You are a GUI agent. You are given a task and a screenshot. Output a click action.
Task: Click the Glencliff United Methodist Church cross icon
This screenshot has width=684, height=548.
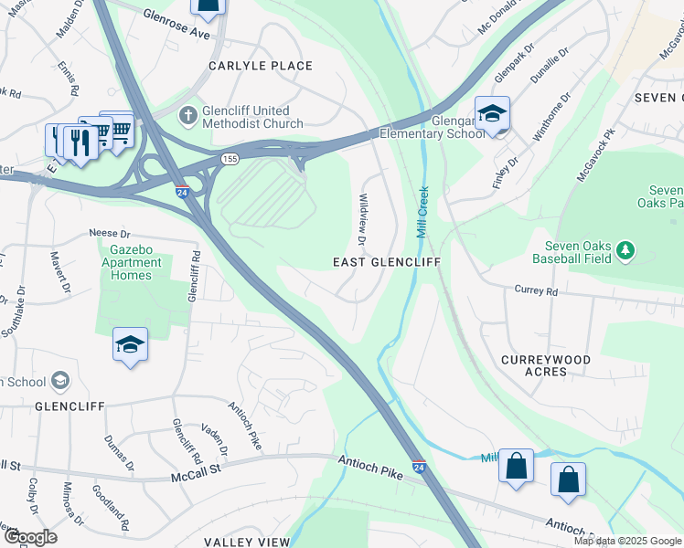pos(188,116)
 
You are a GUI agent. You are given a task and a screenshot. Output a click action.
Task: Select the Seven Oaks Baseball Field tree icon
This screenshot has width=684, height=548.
pos(625,249)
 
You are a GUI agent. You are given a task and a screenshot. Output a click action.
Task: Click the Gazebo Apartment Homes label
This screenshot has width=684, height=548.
pos(135,256)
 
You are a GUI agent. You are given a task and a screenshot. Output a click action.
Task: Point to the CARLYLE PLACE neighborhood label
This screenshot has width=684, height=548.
pos(261,66)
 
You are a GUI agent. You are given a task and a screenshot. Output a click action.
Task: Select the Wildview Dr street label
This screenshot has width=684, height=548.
pos(362,219)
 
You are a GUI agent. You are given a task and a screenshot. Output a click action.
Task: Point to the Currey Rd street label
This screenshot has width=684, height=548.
pos(536,290)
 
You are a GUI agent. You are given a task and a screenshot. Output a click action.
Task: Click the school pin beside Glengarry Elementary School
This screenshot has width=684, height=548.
pos(492,114)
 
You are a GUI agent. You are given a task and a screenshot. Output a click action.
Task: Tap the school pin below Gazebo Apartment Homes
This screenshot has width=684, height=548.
pos(130,345)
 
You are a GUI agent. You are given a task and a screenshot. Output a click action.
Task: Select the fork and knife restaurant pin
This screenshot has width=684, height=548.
pos(80,142)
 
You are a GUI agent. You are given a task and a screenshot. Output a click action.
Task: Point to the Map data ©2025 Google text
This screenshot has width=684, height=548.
pos(627,541)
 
